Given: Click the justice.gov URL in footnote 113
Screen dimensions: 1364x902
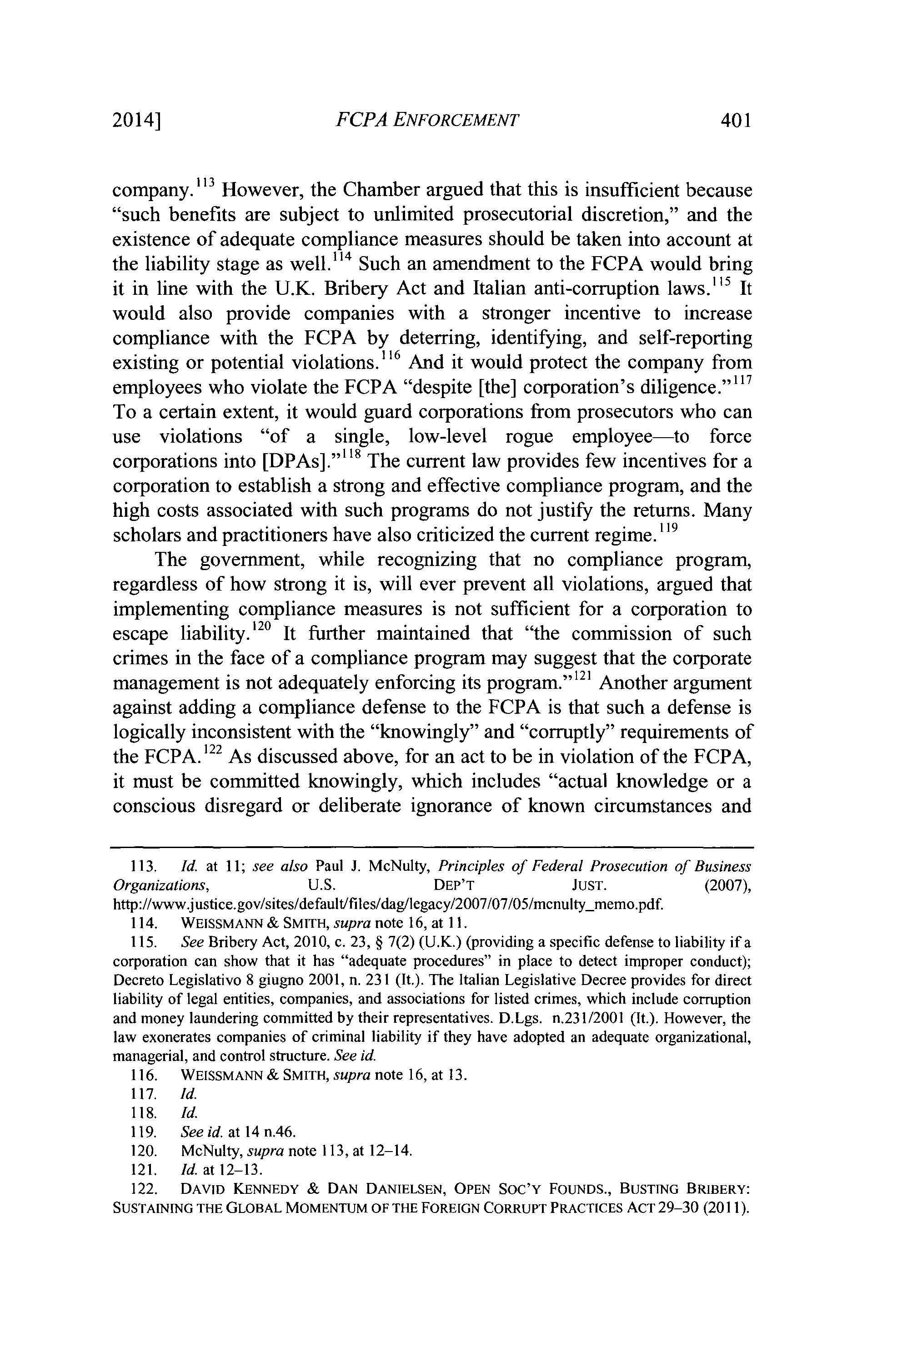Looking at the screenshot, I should tap(388, 904).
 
